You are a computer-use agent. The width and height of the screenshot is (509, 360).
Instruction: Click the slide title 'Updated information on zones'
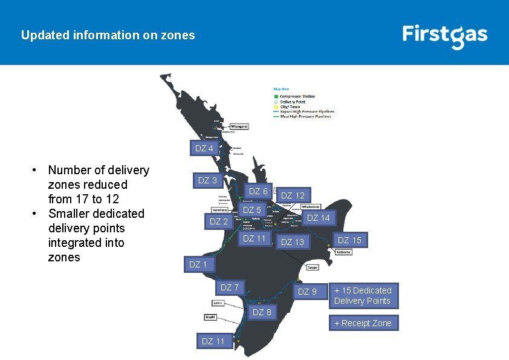tap(108, 35)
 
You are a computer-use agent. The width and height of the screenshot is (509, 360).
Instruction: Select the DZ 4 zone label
tap(204, 148)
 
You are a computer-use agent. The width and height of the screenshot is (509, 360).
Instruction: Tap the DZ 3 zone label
tap(207, 180)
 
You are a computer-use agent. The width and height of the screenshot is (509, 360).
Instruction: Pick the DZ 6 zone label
tap(258, 191)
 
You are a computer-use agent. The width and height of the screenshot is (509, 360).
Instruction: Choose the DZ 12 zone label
tap(293, 195)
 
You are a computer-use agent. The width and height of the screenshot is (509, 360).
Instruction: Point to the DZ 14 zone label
tap(318, 218)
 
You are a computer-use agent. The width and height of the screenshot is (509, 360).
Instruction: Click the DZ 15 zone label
tap(349, 240)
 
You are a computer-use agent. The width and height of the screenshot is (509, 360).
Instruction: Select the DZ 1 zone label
tap(198, 264)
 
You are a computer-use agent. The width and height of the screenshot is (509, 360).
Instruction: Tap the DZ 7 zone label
tap(229, 287)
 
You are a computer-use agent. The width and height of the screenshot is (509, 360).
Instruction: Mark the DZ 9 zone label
tap(307, 292)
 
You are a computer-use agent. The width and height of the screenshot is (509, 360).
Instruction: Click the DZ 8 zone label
tap(262, 312)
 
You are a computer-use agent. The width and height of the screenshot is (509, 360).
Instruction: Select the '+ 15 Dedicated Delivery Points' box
tap(363, 295)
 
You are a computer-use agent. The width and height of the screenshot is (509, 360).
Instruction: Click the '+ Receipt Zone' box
tap(363, 323)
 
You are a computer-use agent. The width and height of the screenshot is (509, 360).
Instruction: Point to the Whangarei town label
tap(235, 126)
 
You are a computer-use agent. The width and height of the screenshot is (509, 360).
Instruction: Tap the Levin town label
tap(219, 302)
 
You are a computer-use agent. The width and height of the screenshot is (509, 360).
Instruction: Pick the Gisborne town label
tap(343, 252)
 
